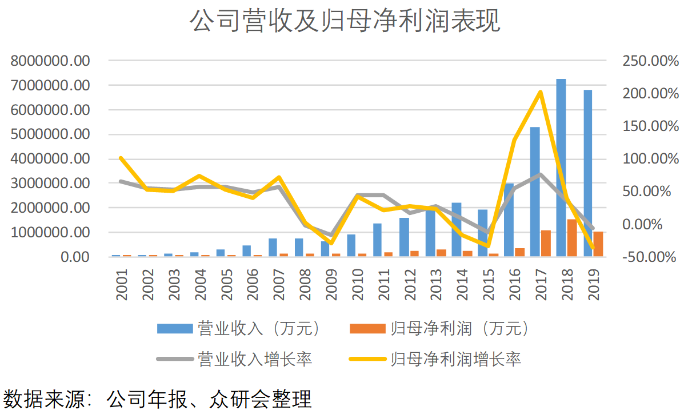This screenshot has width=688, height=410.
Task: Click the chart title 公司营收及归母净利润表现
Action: (x=344, y=22)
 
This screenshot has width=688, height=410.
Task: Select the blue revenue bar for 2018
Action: (x=561, y=166)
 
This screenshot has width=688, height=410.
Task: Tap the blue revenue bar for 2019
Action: (x=587, y=172)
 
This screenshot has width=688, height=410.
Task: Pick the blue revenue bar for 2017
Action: (x=535, y=192)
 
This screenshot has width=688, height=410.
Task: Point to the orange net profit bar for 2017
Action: (x=546, y=244)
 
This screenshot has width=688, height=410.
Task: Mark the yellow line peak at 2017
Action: (x=540, y=92)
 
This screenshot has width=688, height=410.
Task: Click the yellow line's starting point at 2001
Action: (x=121, y=158)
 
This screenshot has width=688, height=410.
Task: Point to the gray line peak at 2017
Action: (x=540, y=175)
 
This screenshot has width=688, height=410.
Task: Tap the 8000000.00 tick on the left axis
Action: (x=50, y=61)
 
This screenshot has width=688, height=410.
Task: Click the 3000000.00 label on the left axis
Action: (x=50, y=184)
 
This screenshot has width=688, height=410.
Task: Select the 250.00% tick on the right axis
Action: (x=647, y=61)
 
